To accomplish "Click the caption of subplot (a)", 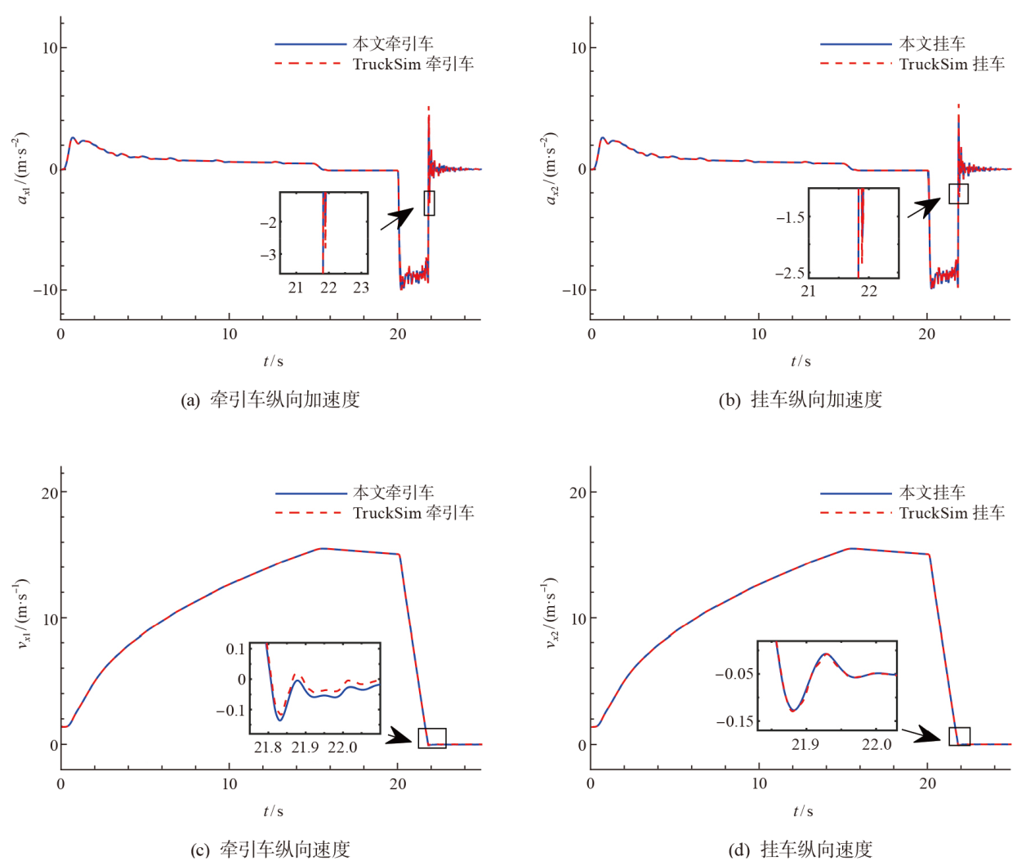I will (x=270, y=399).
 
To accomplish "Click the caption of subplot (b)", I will (x=800, y=399).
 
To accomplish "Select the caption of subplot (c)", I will (x=270, y=850).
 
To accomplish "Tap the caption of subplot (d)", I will (x=800, y=850).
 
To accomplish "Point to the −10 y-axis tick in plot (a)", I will (x=45, y=290).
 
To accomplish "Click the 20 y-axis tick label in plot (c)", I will (x=50, y=493).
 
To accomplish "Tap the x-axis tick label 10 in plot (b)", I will (x=759, y=334).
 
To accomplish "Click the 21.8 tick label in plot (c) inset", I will (x=268, y=747).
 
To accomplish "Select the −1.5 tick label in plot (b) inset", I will (x=790, y=217).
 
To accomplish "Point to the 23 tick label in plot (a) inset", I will (x=361, y=288).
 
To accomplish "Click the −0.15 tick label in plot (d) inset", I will (x=734, y=721).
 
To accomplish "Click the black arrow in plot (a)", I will (x=398, y=218).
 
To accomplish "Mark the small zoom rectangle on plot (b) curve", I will (x=958, y=194).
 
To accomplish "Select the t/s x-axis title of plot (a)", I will (x=273, y=361).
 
